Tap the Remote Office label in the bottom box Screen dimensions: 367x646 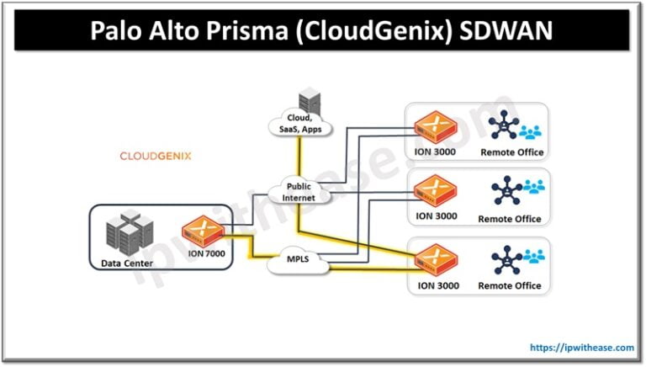[510, 286]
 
